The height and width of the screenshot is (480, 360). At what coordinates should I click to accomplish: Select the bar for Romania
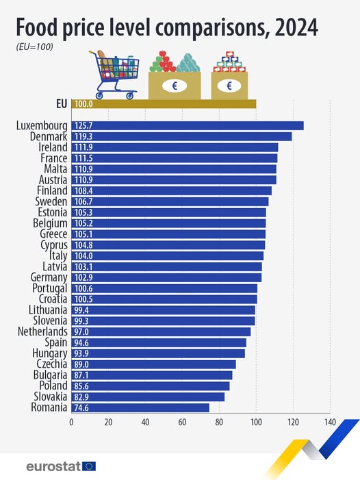tap(140, 407)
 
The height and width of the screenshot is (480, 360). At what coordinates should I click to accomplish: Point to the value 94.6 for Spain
tap(81, 342)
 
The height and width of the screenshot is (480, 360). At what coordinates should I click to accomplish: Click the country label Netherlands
tap(42, 331)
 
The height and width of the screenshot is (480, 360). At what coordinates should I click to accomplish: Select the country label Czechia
tap(50, 364)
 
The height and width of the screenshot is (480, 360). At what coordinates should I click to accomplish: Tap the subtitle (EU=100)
tap(34, 47)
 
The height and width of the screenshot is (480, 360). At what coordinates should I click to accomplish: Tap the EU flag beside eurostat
tap(89, 466)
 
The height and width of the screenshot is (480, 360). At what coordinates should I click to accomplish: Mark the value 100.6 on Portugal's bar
tap(83, 288)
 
